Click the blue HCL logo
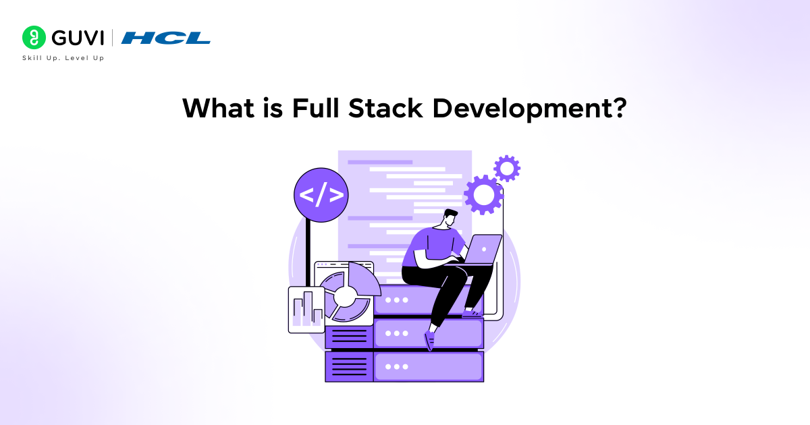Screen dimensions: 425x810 coord(165,38)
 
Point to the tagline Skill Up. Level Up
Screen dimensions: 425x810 coord(63,58)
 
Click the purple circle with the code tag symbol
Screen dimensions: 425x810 coord(321,195)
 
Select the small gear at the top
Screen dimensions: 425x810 coord(506,168)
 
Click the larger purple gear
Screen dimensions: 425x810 coord(484,195)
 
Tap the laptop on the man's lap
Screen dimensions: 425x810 coord(483,249)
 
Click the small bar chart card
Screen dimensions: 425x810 coord(306,310)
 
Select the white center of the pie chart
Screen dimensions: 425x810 coord(345,295)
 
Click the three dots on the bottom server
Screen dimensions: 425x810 coord(396,366)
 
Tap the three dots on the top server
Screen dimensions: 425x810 coord(396,300)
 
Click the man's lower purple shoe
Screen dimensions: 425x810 coord(429,341)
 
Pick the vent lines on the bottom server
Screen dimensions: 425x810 coord(350,366)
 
